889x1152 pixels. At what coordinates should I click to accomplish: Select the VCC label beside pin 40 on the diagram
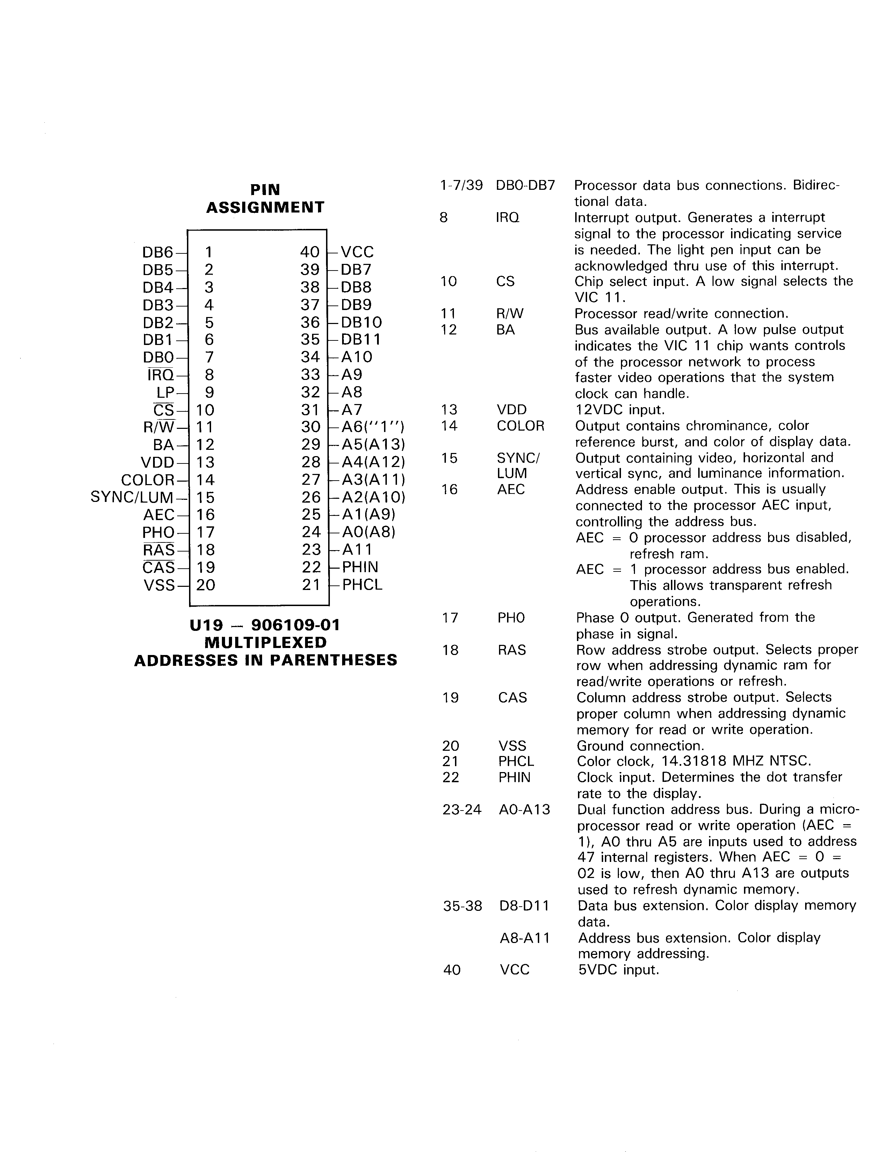click(357, 252)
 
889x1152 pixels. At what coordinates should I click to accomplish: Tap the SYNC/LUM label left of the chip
click(132, 497)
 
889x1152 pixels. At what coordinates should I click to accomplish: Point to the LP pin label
click(165, 393)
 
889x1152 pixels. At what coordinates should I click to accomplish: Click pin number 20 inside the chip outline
click(205, 585)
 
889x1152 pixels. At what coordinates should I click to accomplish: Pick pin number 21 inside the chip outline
click(311, 585)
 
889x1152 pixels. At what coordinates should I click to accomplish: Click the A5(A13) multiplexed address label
click(373, 445)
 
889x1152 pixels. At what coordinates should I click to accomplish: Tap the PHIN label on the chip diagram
click(360, 568)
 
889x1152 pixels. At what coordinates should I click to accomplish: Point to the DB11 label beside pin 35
click(361, 340)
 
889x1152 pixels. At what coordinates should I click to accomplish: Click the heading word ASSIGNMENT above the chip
click(265, 207)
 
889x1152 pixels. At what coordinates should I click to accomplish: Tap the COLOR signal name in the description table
click(520, 426)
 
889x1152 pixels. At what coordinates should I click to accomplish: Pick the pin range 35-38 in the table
click(462, 906)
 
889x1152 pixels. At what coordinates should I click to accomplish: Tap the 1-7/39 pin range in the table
click(461, 186)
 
